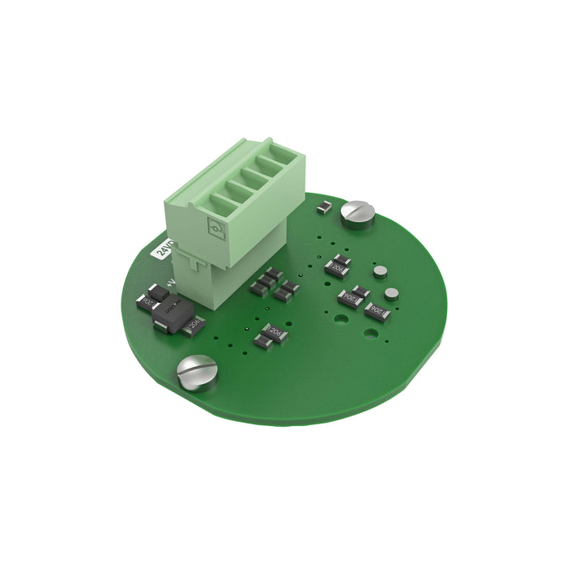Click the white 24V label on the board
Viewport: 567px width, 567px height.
coord(164,248)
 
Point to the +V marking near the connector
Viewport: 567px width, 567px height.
coord(171,283)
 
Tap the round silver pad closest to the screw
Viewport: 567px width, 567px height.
coord(380,271)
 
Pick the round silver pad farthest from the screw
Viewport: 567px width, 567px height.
coord(392,293)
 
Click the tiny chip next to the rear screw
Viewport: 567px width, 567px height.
coord(323,208)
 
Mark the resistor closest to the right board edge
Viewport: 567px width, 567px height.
coord(377,311)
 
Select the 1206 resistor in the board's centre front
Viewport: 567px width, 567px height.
coord(271,334)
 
